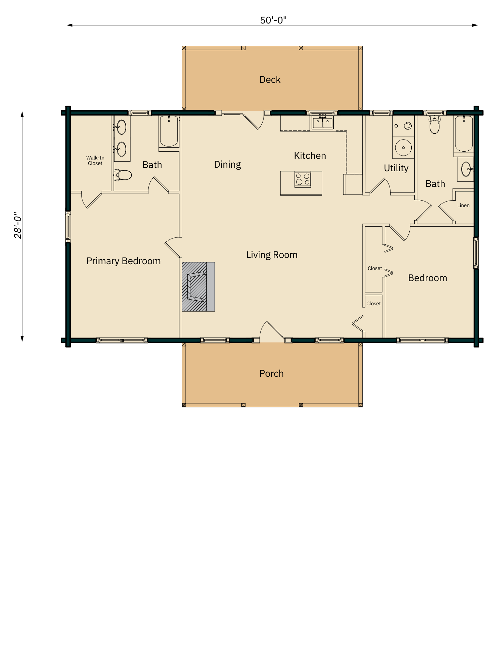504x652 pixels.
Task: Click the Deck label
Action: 270,80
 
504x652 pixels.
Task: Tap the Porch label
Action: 271,373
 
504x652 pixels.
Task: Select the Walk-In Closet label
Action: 95,160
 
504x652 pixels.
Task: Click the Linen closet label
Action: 463,205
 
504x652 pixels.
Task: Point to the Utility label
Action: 396,168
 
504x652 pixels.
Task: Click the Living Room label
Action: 272,255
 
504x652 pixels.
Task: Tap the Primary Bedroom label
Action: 123,261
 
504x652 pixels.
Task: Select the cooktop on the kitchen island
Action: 303,180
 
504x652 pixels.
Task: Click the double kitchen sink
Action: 323,123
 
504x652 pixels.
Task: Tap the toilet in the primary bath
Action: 123,175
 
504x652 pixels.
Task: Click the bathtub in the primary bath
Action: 169,131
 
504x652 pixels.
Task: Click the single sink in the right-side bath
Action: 466,169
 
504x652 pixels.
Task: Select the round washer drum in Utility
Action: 404,148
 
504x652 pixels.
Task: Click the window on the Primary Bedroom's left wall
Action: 68,227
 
